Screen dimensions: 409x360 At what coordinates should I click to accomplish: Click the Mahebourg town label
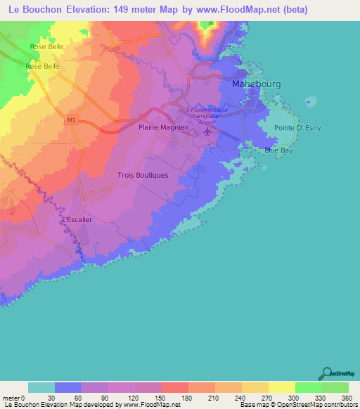[256, 84]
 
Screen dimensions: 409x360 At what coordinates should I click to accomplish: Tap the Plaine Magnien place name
[163, 128]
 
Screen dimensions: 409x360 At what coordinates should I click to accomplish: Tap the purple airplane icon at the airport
[206, 134]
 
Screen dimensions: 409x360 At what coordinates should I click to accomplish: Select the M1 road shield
[71, 120]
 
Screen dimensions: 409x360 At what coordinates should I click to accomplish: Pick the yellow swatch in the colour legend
[281, 387]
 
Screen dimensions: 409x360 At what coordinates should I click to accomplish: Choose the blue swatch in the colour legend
[68, 387]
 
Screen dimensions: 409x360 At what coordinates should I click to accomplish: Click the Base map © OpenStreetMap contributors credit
[297, 404]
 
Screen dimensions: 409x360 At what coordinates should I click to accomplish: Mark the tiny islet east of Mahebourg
[307, 103]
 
